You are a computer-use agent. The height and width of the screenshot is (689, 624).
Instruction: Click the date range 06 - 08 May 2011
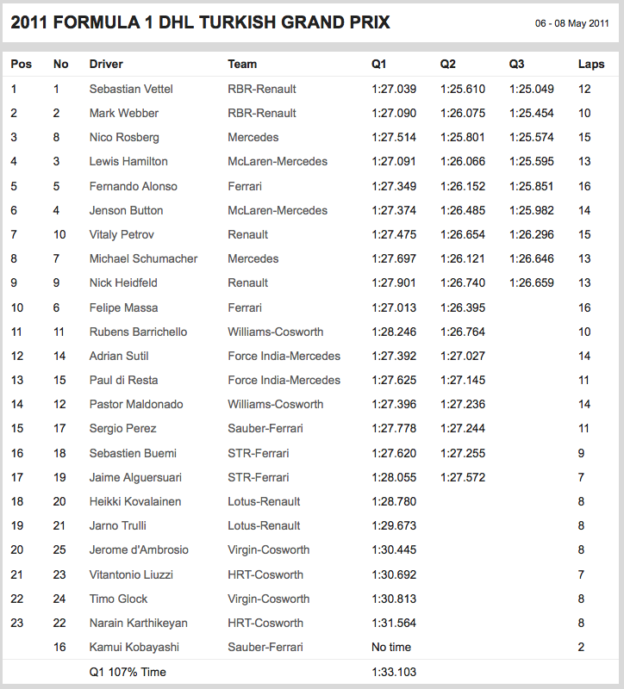coord(571,23)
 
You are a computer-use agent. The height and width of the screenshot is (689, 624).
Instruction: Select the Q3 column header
coord(517,64)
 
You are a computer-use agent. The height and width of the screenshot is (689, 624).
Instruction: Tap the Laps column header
coord(590,64)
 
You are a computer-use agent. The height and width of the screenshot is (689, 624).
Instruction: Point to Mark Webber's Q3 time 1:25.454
coord(532,113)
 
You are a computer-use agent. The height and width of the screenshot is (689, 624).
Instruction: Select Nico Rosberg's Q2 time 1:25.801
coord(463,137)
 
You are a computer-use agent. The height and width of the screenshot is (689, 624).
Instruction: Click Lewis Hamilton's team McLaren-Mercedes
coord(278,161)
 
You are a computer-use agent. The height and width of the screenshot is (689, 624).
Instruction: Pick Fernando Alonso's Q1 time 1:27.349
coord(394,186)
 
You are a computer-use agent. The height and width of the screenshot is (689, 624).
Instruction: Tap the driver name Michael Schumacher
coord(143,258)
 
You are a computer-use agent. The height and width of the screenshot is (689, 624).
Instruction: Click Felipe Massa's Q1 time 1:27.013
coord(394,307)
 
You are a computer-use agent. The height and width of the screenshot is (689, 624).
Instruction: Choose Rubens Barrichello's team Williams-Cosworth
coord(276,332)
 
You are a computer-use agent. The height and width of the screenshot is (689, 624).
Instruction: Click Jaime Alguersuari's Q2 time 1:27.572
coord(463,477)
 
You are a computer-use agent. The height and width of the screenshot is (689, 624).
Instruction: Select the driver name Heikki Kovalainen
coord(135,501)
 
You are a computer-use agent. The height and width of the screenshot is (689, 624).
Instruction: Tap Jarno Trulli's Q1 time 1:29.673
coord(394,525)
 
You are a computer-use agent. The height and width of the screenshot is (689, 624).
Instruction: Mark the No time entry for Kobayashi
coord(391,647)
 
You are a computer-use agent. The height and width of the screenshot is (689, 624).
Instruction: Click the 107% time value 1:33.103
coord(394,672)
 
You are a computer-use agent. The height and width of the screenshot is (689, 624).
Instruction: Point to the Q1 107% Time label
coord(128,672)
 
